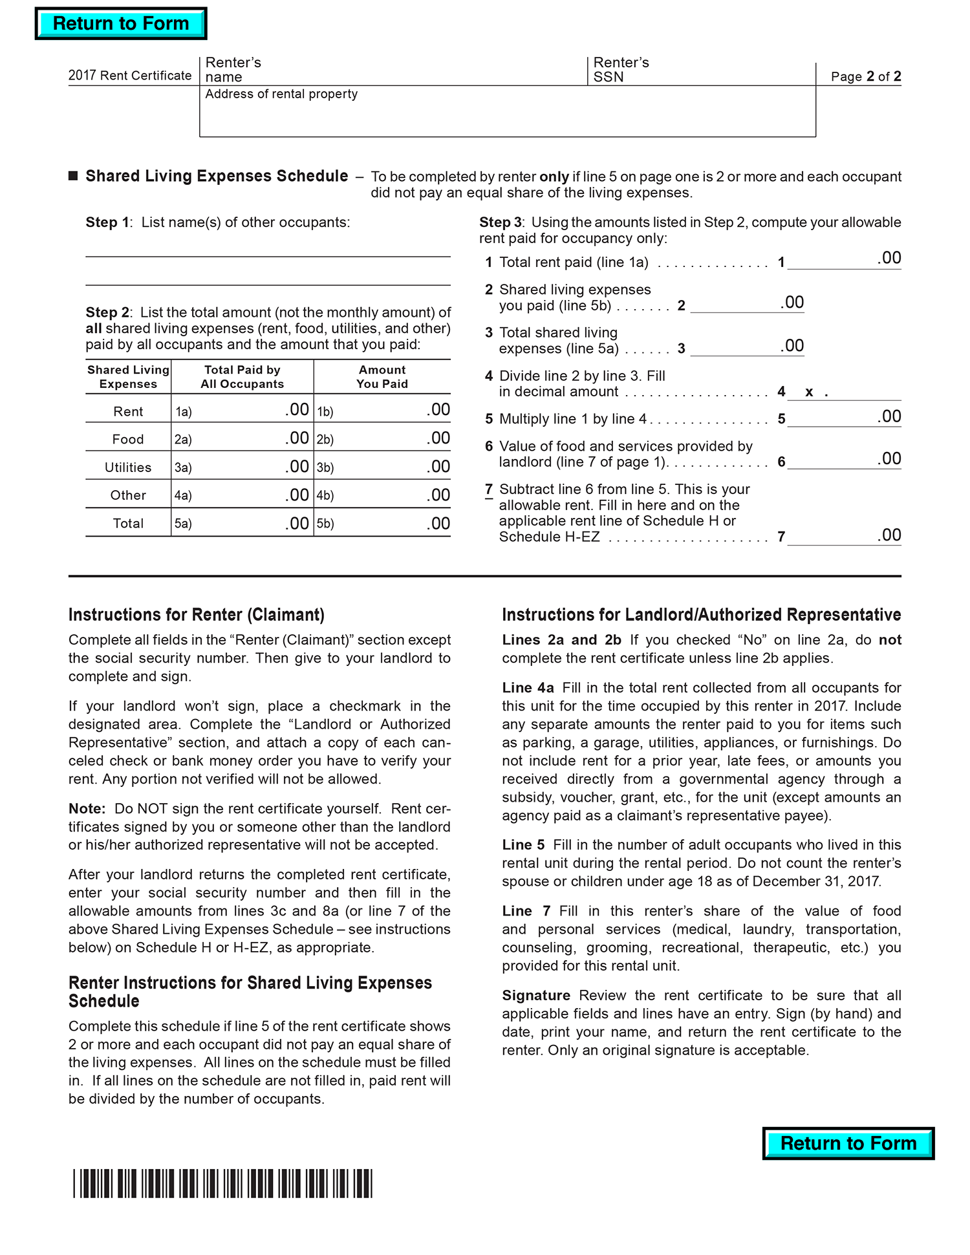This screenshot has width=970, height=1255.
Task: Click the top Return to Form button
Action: [x=121, y=24]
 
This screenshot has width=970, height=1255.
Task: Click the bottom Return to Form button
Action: [x=848, y=1143]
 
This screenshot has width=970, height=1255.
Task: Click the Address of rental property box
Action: [x=507, y=116]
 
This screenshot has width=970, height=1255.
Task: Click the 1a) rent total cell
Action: [x=242, y=410]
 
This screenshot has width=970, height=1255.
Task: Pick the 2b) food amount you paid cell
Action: [x=382, y=438]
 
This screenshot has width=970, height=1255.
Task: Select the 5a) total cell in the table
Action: [x=242, y=523]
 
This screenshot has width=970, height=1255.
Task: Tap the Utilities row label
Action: [x=128, y=467]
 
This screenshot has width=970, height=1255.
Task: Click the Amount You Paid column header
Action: [x=382, y=376]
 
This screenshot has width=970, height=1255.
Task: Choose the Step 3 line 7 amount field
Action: [x=843, y=535]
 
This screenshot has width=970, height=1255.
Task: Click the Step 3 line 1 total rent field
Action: [x=843, y=260]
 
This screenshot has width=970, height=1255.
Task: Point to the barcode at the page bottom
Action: [x=222, y=1183]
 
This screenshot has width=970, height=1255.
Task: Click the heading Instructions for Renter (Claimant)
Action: [x=197, y=614]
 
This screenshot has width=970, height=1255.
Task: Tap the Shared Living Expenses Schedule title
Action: [x=217, y=176]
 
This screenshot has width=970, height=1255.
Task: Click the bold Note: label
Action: [x=87, y=808]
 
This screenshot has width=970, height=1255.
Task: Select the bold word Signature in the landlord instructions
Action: [x=535, y=995]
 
